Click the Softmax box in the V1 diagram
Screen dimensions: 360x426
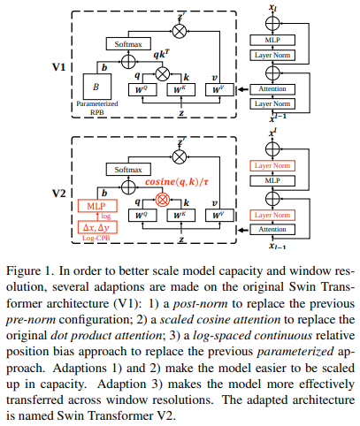click(128, 44)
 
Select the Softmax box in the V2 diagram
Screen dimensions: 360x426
click(128, 170)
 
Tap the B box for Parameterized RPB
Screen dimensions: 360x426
click(97, 87)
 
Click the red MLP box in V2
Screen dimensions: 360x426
click(97, 206)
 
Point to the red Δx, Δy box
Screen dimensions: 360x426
click(97, 227)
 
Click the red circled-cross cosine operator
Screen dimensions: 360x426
click(163, 200)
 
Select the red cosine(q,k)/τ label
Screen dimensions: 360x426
click(177, 182)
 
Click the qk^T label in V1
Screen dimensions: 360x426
click(161, 54)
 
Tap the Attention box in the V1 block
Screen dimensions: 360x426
click(272, 89)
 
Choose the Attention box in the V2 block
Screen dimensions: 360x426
click(272, 229)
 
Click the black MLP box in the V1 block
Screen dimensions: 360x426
click(272, 40)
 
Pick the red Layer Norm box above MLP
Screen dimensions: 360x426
click(272, 165)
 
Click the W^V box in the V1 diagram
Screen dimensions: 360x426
click(219, 90)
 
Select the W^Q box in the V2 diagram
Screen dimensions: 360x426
click(142, 216)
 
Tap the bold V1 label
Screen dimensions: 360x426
click(59, 67)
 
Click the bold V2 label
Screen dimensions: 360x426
click(59, 194)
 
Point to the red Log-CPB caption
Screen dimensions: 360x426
click(96, 238)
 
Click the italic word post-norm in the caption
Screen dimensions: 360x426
click(200, 303)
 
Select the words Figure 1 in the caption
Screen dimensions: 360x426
click(29, 271)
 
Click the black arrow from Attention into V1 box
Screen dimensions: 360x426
click(243, 89)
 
